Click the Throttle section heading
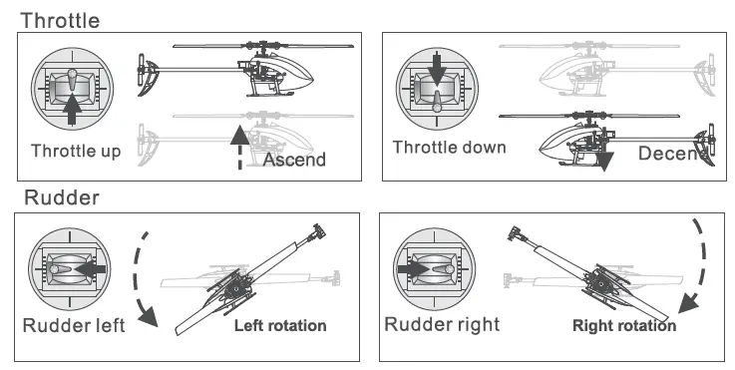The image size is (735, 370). click(60, 19)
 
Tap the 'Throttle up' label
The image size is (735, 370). click(76, 152)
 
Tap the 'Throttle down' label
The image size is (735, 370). click(448, 148)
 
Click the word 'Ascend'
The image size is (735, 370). click(294, 160)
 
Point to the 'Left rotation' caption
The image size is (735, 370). click(279, 326)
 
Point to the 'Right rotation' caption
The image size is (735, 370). click(624, 326)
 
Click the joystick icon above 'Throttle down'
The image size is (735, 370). click(437, 89)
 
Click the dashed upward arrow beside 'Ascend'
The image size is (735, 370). click(237, 150)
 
